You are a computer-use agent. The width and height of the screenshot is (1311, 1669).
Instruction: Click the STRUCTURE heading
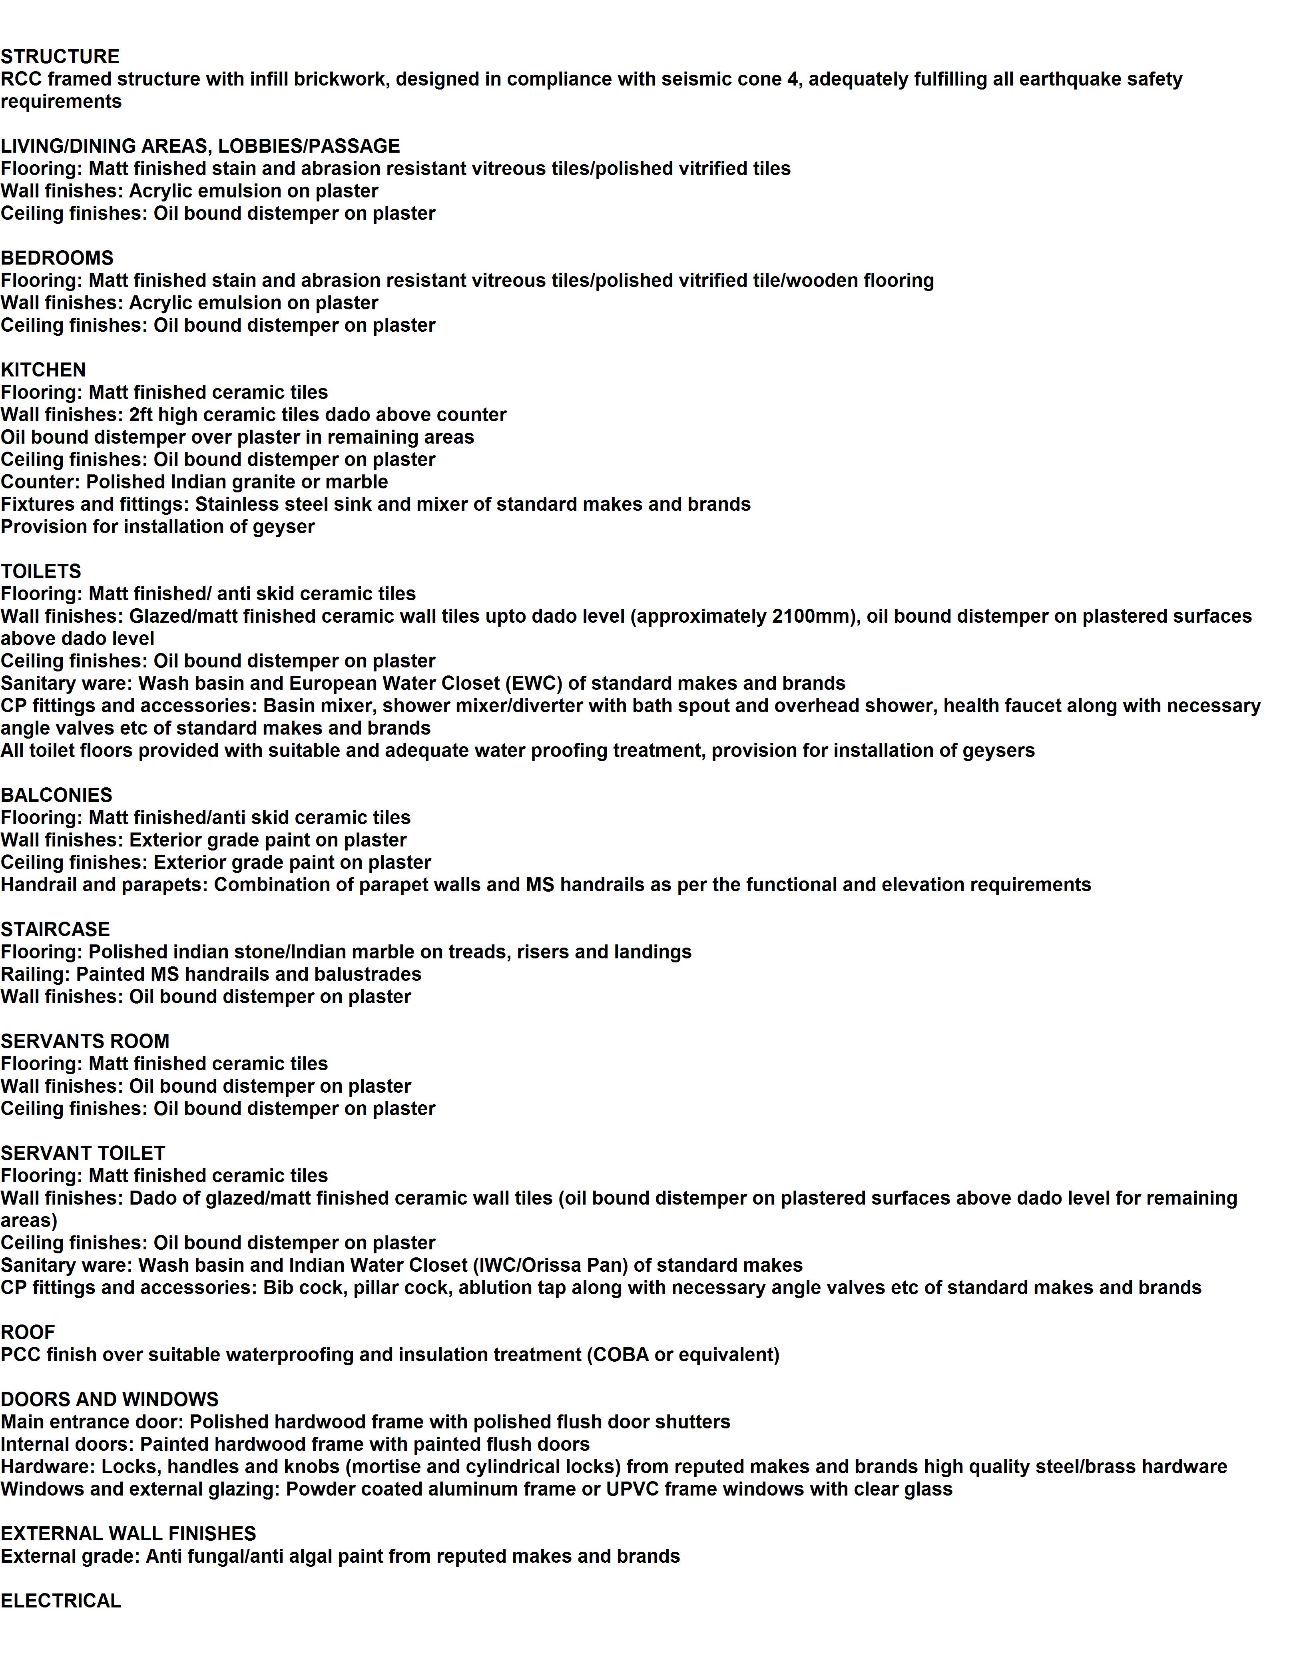(x=60, y=57)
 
